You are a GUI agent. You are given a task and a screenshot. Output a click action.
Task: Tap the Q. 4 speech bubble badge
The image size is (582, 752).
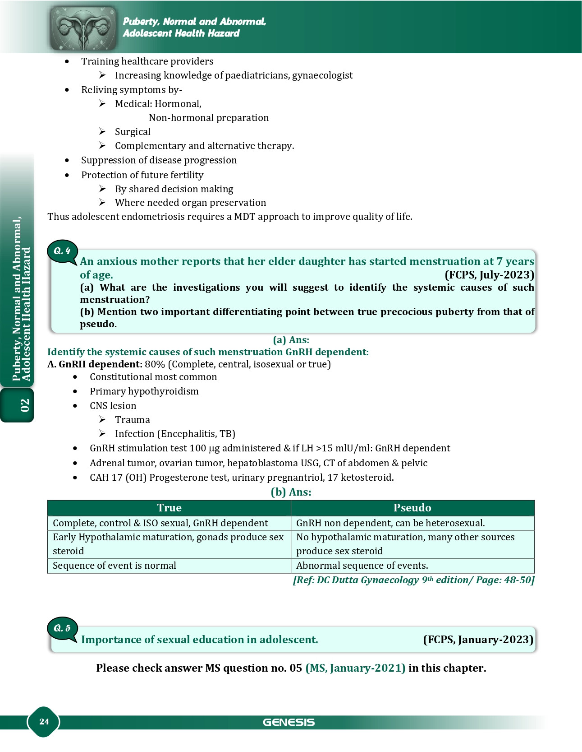click(62, 251)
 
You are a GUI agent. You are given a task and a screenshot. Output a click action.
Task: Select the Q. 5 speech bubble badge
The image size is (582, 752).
click(62, 628)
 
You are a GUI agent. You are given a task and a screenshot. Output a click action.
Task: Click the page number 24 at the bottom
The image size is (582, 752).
click(44, 721)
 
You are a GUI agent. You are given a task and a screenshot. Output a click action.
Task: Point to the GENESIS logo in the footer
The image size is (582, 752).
click(289, 722)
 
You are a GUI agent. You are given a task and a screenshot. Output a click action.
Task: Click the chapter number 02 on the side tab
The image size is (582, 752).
click(24, 405)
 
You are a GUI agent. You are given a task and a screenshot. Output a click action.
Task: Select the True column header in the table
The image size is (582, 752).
click(169, 508)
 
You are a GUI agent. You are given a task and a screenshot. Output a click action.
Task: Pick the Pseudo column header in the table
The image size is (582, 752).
click(412, 508)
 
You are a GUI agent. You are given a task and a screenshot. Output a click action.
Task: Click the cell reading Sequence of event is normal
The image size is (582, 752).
click(115, 566)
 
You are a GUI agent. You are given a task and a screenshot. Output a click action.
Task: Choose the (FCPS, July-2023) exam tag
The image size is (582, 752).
click(489, 275)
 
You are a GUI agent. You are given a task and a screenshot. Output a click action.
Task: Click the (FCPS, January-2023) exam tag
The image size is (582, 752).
click(478, 640)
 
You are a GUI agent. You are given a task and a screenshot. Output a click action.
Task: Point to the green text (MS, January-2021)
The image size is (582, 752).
click(355, 668)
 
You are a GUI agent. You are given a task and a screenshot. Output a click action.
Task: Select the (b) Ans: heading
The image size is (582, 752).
click(291, 492)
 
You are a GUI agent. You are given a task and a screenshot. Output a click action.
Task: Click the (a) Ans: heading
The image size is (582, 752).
click(291, 340)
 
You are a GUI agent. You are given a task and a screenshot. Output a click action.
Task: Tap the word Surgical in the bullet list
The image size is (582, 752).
click(133, 132)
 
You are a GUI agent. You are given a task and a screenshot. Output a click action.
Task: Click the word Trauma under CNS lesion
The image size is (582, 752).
click(132, 420)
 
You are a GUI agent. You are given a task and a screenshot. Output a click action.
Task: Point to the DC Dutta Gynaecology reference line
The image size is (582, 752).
click(413, 580)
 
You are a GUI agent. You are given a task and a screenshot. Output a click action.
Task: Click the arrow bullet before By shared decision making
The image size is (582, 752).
click(102, 189)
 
